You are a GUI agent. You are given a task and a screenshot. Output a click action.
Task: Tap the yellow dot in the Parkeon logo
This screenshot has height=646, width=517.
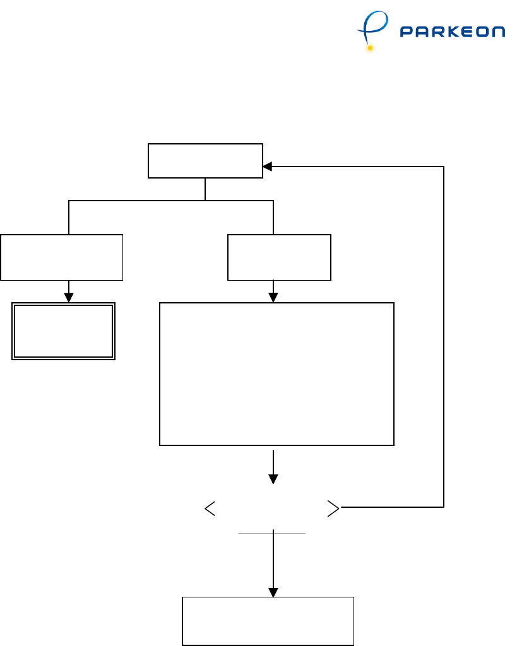click(370, 48)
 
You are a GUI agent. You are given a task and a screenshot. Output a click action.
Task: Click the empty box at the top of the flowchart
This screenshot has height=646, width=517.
click(205, 161)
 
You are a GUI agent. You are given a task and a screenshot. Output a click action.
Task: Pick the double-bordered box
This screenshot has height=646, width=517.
click(63, 331)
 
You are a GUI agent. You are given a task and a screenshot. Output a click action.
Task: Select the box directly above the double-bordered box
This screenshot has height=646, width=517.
click(61, 257)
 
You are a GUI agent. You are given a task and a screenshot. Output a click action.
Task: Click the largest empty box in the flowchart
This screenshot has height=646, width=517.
click(276, 374)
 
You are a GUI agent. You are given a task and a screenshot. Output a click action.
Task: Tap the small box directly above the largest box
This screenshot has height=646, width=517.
click(279, 257)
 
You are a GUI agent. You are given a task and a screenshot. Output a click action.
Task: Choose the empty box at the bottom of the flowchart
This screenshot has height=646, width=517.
click(268, 621)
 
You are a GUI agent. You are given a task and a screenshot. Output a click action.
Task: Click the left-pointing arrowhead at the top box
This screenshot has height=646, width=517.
click(267, 167)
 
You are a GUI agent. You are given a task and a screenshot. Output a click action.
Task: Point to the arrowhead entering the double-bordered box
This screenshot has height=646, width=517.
click(69, 298)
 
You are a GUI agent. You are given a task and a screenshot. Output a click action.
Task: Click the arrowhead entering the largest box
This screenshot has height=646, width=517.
click(273, 298)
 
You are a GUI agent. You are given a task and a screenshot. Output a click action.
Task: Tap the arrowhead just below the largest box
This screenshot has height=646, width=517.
click(273, 479)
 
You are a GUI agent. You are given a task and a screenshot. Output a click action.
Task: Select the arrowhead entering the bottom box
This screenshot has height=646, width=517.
click(273, 593)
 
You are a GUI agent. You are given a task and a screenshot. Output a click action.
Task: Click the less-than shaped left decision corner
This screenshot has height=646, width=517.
click(210, 508)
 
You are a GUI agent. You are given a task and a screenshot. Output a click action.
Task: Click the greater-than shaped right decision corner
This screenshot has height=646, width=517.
click(334, 508)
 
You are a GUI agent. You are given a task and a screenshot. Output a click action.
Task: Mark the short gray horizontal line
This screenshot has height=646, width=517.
click(272, 534)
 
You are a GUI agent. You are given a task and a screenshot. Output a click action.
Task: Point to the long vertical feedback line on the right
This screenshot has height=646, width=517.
click(444, 334)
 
